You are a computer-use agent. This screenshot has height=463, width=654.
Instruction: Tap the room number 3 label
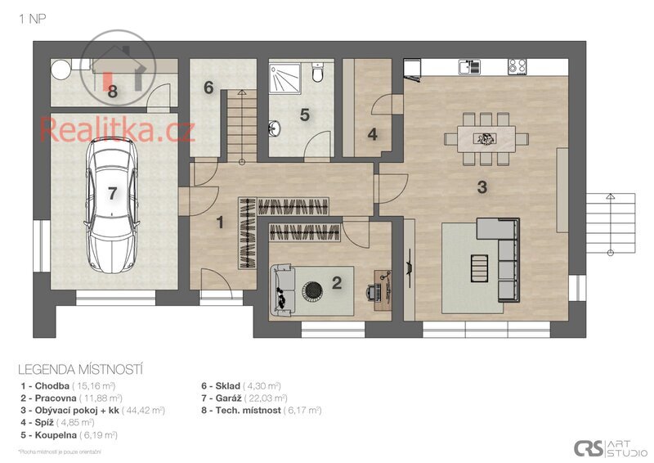(x=482, y=187)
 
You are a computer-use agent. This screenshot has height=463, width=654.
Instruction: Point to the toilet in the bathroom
(x=319, y=74)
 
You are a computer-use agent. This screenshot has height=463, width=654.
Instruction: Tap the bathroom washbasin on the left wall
(x=275, y=128)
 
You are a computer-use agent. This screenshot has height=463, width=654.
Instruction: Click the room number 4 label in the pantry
(x=373, y=134)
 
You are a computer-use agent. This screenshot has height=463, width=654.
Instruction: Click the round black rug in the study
(x=313, y=290)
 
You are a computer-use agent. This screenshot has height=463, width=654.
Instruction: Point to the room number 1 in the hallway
(x=219, y=221)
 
